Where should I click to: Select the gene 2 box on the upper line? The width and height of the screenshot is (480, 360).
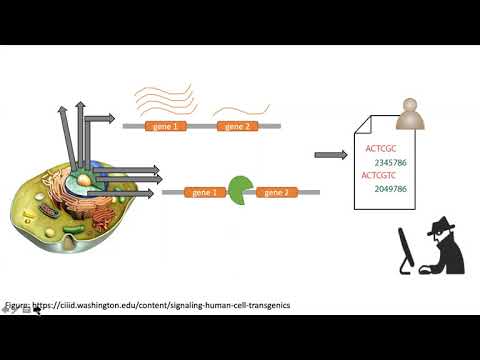tap(237, 127)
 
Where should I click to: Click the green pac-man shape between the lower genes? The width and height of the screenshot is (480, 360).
tap(240, 188)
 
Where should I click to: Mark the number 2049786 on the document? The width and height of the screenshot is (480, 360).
tap(392, 188)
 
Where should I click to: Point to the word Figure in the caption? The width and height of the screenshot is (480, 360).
tap(18, 305)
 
